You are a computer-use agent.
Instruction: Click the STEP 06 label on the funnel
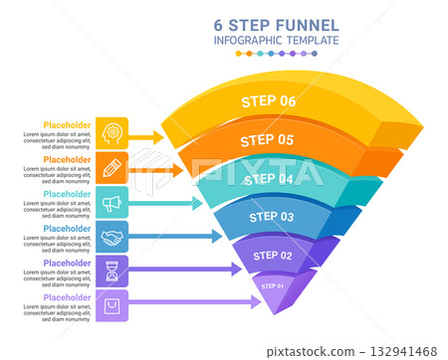tap(269, 100)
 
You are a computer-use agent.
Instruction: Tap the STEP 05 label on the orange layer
tap(267, 140)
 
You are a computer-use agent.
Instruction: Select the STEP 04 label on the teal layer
tap(269, 179)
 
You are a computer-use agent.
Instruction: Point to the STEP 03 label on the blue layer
tap(271, 216)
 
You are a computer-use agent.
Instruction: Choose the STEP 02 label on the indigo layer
tap(273, 256)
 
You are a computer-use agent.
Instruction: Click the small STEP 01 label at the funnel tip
tap(273, 286)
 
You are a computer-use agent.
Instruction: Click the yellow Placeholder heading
tap(67, 125)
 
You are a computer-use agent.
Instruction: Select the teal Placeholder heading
tap(67, 194)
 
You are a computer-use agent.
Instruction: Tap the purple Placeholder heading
tap(67, 297)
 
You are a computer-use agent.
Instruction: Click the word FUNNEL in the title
tap(304, 24)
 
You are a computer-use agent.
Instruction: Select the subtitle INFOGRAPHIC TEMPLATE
tap(276, 41)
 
